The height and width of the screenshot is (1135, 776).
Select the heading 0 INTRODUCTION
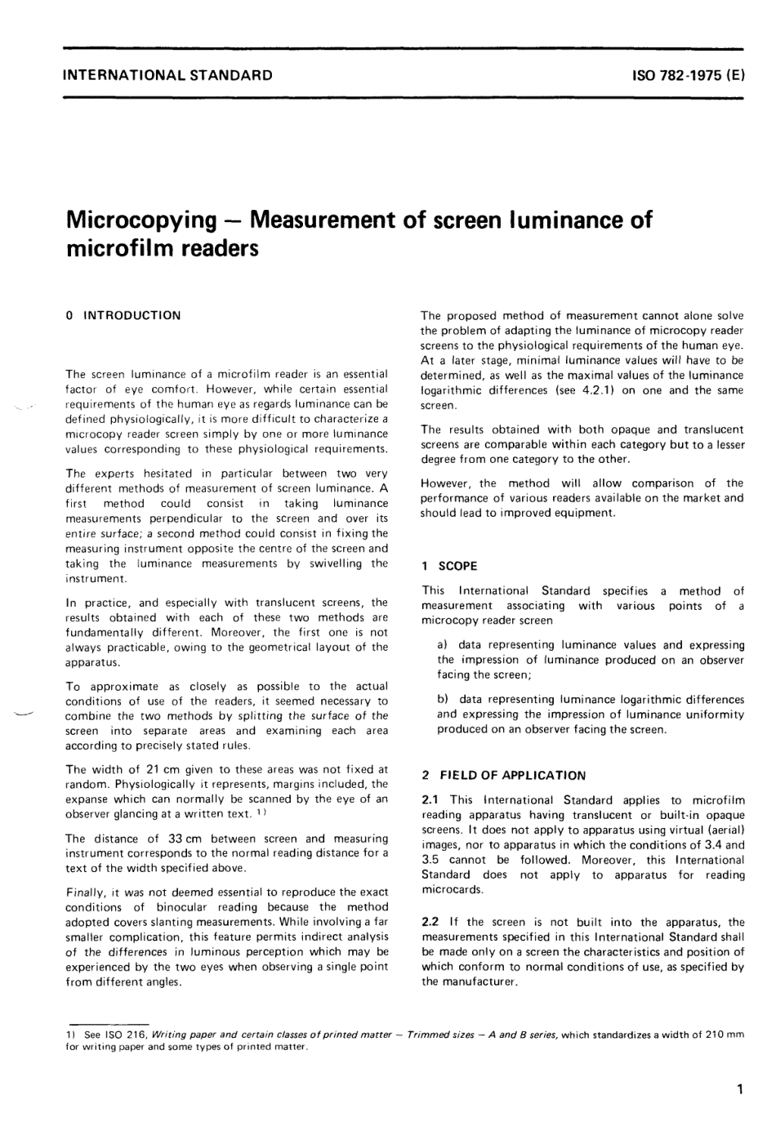(x=123, y=315)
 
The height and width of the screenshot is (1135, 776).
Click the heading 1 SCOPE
(x=449, y=566)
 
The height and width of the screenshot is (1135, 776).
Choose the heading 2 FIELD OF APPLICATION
(x=503, y=775)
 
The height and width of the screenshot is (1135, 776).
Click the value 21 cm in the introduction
(x=149, y=769)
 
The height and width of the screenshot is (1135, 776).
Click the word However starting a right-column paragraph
(x=446, y=483)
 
